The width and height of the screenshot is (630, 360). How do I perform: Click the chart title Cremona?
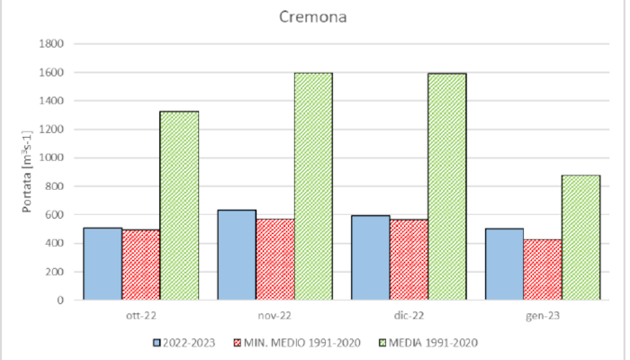click(x=313, y=17)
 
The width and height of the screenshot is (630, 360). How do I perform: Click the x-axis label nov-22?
click(x=274, y=314)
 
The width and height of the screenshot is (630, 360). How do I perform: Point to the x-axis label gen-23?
click(x=543, y=314)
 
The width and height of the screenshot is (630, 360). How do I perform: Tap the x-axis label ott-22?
click(x=141, y=314)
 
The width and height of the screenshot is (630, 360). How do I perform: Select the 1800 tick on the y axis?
click(x=49, y=43)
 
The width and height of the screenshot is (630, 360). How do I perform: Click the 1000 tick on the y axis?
click(x=49, y=157)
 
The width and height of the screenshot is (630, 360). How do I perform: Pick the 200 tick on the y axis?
click(x=52, y=272)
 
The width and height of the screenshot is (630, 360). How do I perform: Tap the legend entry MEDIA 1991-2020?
click(x=432, y=342)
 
